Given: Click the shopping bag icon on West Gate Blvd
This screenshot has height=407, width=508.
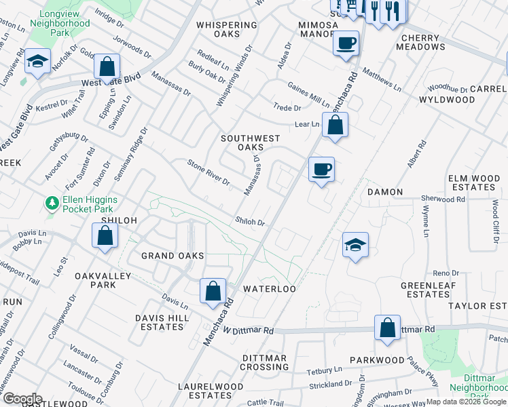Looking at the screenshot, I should (x=107, y=66).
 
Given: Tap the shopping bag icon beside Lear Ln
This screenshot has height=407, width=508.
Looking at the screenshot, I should (x=335, y=125).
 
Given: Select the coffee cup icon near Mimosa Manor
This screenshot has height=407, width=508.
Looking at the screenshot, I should (x=346, y=43).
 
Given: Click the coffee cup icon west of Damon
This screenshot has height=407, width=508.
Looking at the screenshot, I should (x=321, y=169).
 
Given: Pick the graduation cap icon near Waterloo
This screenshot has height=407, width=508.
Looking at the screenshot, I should (x=355, y=245).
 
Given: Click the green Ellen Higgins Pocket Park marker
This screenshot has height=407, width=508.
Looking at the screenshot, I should (x=51, y=203).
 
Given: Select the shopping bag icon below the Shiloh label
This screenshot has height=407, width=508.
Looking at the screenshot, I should (x=105, y=235).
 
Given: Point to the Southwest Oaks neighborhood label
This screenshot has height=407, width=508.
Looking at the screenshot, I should (x=250, y=142).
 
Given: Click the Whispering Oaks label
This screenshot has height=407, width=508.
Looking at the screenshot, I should (x=227, y=25).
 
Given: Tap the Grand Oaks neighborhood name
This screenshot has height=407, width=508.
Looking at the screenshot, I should (x=173, y=256).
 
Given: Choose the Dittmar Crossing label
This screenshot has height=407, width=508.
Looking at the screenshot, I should (x=266, y=362).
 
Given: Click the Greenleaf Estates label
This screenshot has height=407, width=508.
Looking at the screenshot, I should (x=424, y=290).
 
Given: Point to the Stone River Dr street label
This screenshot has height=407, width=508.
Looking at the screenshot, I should (x=208, y=172).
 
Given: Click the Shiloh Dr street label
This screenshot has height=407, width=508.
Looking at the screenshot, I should (x=249, y=222).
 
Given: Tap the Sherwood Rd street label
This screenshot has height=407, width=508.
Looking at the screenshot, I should (x=443, y=199).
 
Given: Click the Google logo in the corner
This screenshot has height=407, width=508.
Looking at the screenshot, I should (x=22, y=399).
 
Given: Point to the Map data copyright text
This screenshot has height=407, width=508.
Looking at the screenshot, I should (x=466, y=402).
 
